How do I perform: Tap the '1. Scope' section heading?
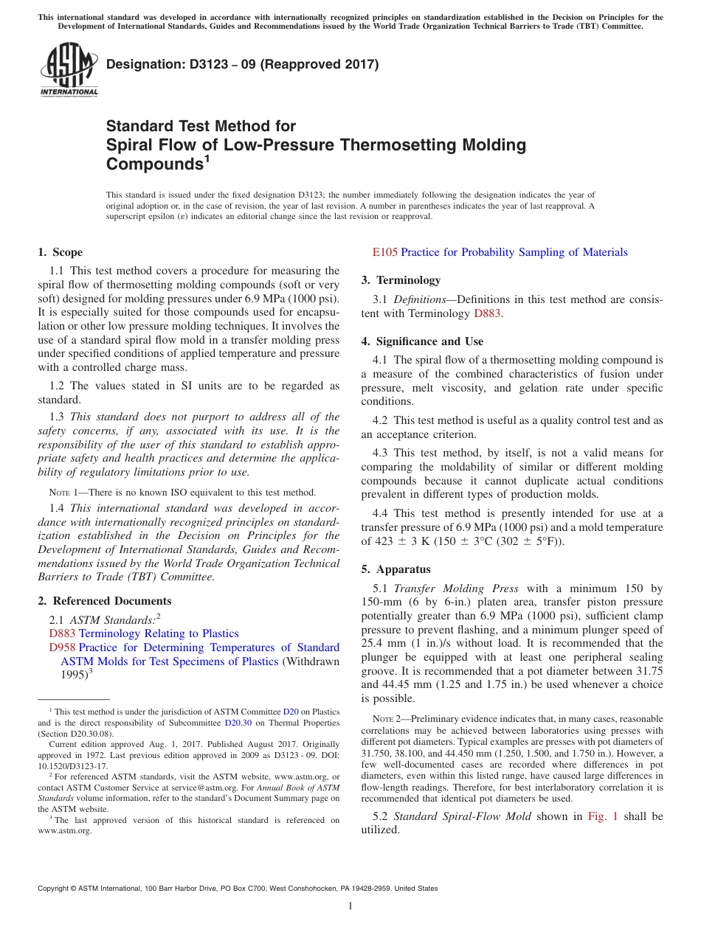click(x=60, y=252)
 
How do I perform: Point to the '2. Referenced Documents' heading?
click(x=104, y=601)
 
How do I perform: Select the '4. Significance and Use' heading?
click(x=422, y=341)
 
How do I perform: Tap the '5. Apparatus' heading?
click(x=396, y=569)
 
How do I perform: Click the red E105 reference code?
click(x=385, y=252)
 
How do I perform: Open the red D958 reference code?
click(x=62, y=647)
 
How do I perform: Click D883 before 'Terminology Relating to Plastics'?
click(x=62, y=633)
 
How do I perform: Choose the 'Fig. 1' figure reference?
click(x=602, y=816)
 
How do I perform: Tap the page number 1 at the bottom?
click(x=350, y=906)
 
